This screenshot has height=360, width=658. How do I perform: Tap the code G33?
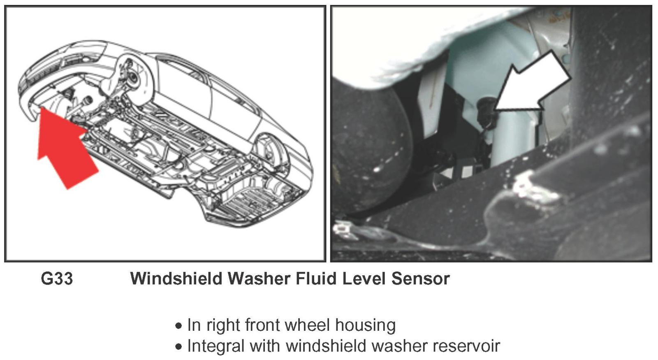(x=57, y=279)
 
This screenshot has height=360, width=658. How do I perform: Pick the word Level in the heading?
(x=364, y=279)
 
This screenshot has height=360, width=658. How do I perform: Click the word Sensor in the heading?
(x=420, y=279)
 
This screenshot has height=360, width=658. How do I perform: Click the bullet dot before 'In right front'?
(x=178, y=326)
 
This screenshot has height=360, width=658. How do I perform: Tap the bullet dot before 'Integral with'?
(x=178, y=347)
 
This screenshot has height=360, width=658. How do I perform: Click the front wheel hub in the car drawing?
(x=133, y=76)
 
